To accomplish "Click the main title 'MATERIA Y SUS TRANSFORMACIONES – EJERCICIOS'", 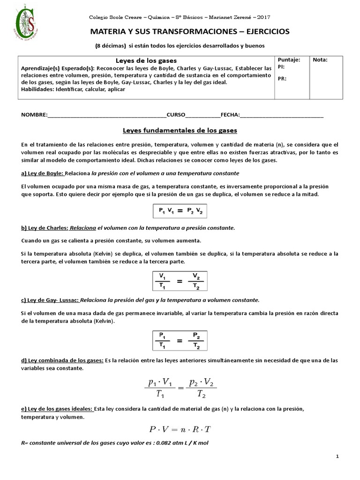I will (x=180, y=31).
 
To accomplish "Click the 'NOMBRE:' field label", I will (x=34, y=114).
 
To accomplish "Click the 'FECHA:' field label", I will (x=230, y=114).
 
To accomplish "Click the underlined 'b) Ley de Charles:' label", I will (x=45, y=228).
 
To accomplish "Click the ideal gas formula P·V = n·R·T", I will (x=180, y=429).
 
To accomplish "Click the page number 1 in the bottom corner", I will (x=337, y=456).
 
